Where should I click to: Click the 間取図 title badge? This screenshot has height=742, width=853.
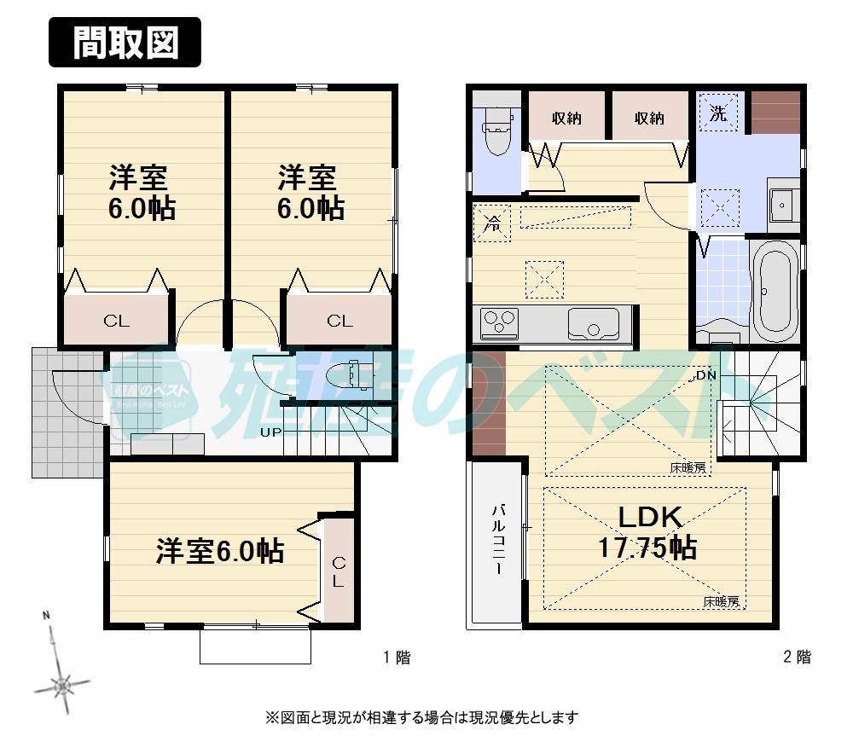[x=125, y=43]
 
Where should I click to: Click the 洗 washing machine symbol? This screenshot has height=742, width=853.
[x=719, y=114]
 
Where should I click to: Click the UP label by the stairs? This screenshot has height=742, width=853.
[x=270, y=432]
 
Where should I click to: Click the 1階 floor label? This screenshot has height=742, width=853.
[x=396, y=658]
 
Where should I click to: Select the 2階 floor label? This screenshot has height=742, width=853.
[x=797, y=658]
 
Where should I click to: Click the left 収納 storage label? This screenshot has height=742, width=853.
[x=566, y=119]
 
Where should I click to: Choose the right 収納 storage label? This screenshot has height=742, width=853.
[x=649, y=119]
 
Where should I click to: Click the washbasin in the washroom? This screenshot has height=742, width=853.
[x=781, y=206]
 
